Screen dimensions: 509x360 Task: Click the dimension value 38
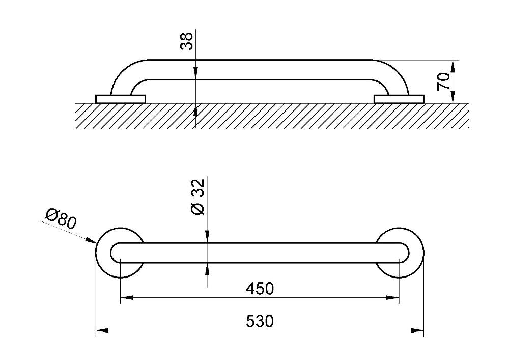click(187, 41)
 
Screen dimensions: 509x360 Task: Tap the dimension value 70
click(444, 81)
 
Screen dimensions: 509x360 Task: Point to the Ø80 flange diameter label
click(61, 219)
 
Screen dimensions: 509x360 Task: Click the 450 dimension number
click(260, 289)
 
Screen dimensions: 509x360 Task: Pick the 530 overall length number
click(260, 321)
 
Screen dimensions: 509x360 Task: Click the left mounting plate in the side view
click(121, 99)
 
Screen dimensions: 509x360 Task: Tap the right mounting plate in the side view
click(399, 99)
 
